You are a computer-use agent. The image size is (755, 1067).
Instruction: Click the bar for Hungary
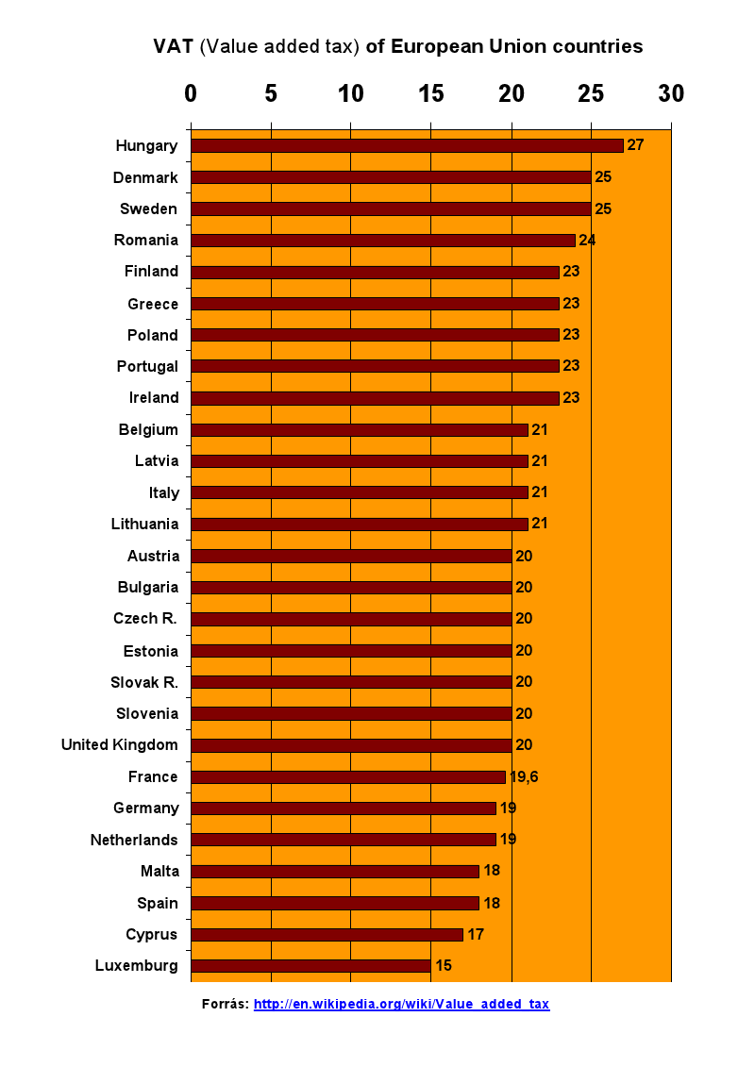(407, 145)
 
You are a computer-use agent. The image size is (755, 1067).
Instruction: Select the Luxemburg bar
(310, 966)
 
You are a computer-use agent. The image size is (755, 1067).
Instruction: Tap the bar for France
(347, 776)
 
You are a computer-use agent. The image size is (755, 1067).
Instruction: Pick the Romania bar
(382, 241)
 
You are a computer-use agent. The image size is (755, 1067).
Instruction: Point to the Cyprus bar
(327, 934)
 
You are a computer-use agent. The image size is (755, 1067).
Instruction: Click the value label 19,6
(525, 776)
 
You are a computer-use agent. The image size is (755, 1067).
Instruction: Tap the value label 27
(635, 145)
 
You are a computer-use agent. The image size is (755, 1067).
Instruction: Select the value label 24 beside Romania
(587, 241)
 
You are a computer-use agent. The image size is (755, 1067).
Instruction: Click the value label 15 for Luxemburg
(444, 966)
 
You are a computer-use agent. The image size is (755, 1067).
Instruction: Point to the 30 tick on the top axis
(671, 93)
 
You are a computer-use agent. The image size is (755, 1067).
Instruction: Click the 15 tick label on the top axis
(430, 93)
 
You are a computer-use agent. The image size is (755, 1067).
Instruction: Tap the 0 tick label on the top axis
(191, 93)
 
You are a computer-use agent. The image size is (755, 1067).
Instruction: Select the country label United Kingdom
(120, 745)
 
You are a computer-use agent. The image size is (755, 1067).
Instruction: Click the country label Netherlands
(134, 840)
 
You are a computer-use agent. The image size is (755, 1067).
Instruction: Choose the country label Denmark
(145, 177)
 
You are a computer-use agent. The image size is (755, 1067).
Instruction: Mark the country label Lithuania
(144, 524)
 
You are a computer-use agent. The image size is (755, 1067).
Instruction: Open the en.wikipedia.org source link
(401, 1004)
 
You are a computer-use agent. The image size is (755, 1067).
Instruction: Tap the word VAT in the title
(174, 46)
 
